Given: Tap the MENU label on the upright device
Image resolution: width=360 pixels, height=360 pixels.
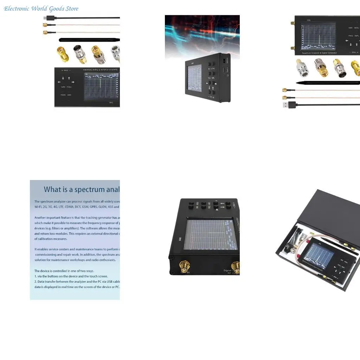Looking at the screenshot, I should (x=356, y=28).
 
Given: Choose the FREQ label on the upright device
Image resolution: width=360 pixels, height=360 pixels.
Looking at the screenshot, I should (x=351, y=36).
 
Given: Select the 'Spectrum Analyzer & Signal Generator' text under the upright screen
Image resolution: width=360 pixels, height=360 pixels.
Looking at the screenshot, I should (x=319, y=53).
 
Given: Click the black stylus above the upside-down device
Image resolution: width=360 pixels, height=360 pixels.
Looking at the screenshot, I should (x=88, y=40).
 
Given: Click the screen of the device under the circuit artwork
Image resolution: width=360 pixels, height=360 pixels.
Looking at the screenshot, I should (x=194, y=77).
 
